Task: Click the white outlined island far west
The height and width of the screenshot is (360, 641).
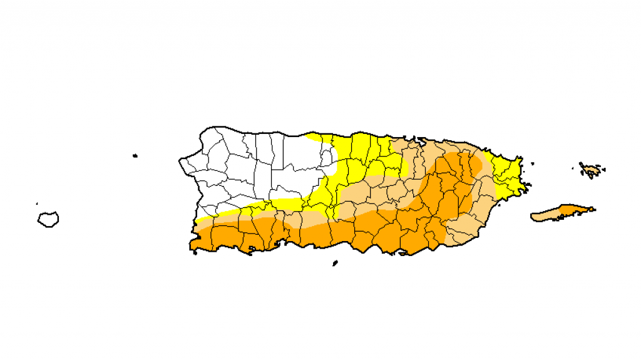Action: click(x=48, y=219)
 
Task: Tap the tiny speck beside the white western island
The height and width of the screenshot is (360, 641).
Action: click(x=37, y=203)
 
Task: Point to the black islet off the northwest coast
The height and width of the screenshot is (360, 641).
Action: click(x=135, y=156)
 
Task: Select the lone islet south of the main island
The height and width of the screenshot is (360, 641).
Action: click(x=336, y=263)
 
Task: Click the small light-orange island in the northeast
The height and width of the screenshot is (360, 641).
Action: click(x=591, y=169)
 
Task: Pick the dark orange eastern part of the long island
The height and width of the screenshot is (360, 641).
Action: click(x=573, y=210)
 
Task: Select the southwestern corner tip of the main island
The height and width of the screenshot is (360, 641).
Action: click(x=193, y=250)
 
